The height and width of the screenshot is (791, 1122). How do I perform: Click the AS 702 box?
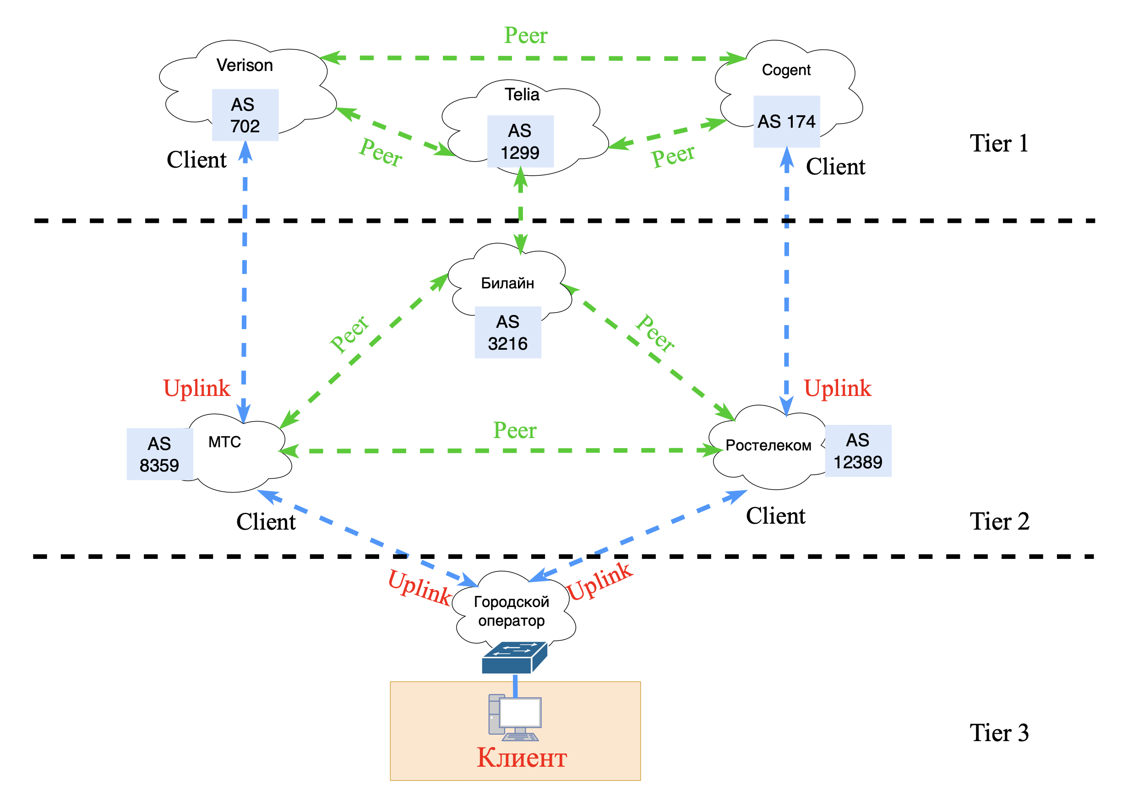(245, 115)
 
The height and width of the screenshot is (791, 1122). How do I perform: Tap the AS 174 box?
(786, 121)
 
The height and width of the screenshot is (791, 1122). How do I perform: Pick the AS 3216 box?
(508, 332)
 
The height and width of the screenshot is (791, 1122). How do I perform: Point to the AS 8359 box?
(159, 454)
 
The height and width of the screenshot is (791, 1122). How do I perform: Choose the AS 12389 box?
(858, 450)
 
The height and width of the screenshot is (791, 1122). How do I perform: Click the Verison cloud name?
(245, 65)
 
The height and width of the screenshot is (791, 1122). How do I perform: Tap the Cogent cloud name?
(786, 70)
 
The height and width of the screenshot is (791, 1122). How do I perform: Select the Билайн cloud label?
(507, 283)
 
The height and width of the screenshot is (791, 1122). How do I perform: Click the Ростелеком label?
(768, 445)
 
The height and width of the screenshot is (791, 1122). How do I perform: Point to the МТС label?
(224, 442)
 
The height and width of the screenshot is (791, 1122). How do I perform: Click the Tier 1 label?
(999, 143)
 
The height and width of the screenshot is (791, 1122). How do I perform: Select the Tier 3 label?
(999, 732)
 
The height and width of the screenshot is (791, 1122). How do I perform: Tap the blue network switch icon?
(514, 658)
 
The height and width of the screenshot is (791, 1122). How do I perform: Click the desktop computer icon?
(515, 717)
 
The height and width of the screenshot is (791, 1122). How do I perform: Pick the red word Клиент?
(522, 757)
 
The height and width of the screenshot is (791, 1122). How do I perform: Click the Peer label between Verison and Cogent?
(526, 35)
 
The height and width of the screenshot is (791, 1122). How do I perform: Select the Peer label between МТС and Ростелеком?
(515, 430)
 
